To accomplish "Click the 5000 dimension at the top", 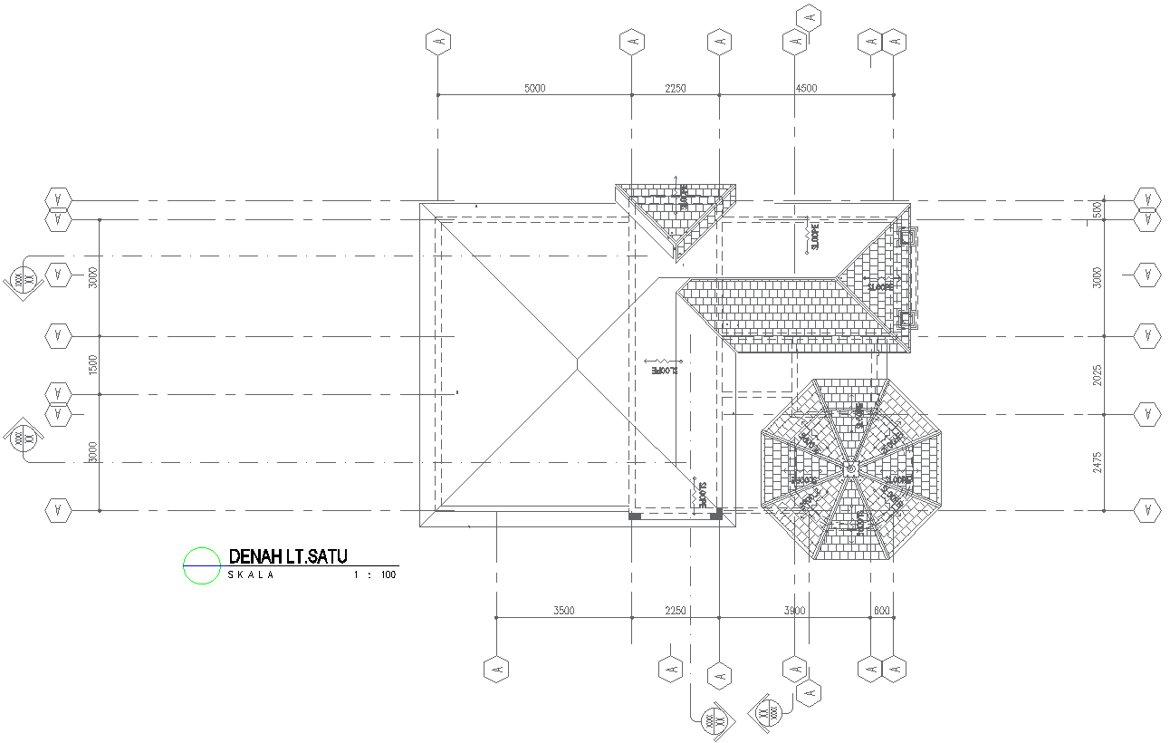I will [535, 89].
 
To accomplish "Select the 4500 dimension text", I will [805, 89].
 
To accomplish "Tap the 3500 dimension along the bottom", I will [563, 612].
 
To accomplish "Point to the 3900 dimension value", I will [794, 612].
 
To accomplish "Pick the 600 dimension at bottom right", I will [881, 612].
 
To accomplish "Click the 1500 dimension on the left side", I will [93, 365].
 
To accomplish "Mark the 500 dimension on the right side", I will [1098, 208].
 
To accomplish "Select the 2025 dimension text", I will [1098, 375].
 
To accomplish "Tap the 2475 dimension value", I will [1098, 462].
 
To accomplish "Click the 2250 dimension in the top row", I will [676, 89].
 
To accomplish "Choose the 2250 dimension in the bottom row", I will [676, 612].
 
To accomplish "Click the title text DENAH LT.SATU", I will [289, 556].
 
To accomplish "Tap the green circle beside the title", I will [201, 565].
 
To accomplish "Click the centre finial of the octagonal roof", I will [851, 469].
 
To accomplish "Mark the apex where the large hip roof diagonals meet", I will [578, 363].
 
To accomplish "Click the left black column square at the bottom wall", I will [636, 516].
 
